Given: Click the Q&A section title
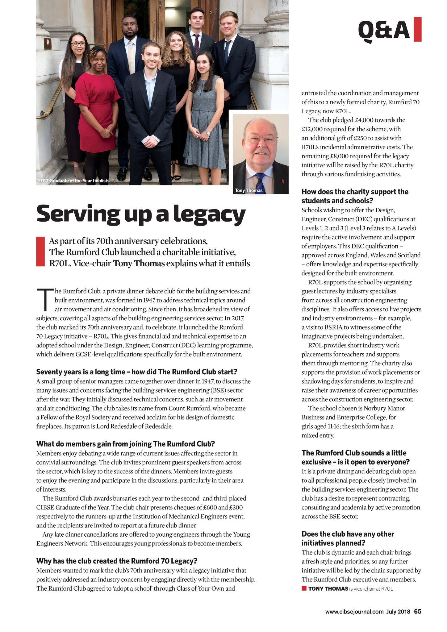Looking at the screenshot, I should [384, 30].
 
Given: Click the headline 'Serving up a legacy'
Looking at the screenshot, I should [141, 214].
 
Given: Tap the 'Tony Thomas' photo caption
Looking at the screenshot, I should [249, 190].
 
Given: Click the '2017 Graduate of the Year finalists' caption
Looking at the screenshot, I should [73, 181].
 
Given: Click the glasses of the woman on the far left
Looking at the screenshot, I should [78, 44].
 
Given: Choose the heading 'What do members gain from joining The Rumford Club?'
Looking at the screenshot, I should [125, 444].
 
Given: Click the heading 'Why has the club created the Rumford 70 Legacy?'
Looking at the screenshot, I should [117, 560].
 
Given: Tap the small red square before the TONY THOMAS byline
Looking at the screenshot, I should [304, 588].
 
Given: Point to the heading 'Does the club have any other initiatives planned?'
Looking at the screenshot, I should [348, 538].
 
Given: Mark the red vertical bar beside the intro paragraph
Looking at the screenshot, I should [40, 251].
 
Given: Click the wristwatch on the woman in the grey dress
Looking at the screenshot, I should [208, 133].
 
